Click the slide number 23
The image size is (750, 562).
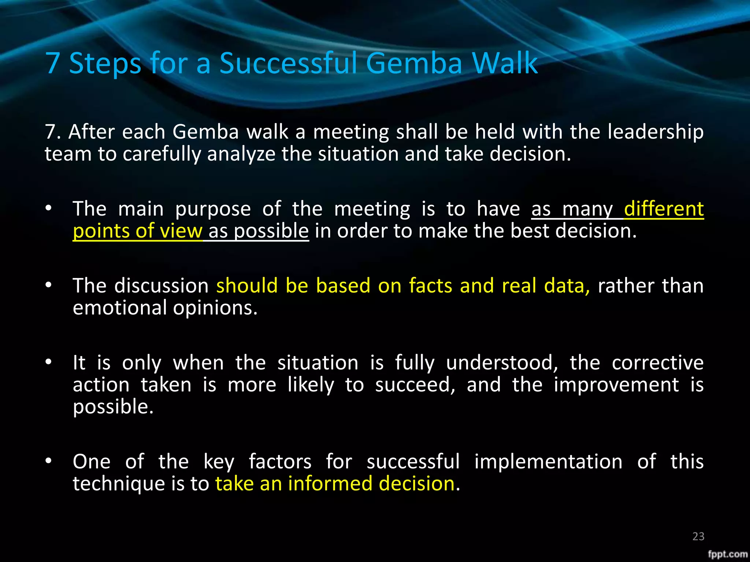point(698,536)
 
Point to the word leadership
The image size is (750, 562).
point(656,132)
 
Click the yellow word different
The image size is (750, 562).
point(664,209)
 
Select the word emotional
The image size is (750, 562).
point(120,308)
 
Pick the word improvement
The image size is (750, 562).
point(616,385)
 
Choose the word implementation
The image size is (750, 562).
point(548,462)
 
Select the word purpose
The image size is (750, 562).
point(213,209)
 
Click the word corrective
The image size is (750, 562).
point(658,363)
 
